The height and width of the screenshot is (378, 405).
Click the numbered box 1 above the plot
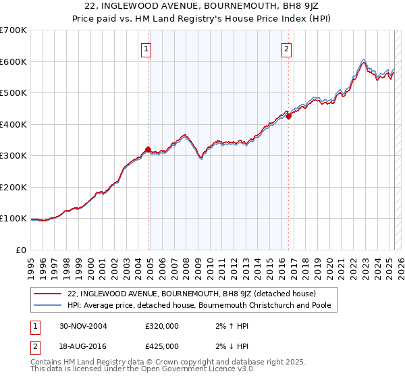click(146, 48)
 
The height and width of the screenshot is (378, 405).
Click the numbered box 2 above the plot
click(286, 48)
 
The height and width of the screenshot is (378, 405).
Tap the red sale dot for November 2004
click(148, 150)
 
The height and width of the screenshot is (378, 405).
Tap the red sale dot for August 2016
click(288, 117)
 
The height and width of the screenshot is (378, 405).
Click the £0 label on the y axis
click(22, 250)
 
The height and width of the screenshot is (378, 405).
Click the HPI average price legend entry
click(203, 306)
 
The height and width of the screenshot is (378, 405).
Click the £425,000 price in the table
click(162, 346)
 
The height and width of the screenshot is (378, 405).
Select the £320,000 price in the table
click(162, 326)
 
